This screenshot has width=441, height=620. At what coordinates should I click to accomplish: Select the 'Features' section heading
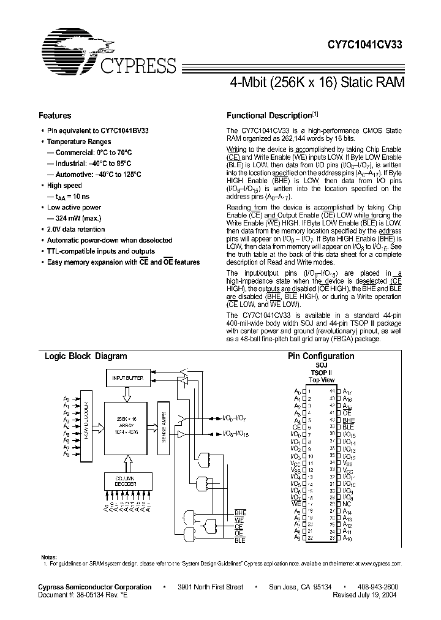[x=55, y=115]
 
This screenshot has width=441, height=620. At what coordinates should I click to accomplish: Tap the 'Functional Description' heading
[x=269, y=115]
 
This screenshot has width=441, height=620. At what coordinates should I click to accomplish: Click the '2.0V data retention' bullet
[x=76, y=229]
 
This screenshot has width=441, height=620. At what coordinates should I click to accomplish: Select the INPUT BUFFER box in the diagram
[x=127, y=378]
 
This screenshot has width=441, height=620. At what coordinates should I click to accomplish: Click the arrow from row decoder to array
[x=100, y=423]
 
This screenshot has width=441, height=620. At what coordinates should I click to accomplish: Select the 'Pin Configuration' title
[x=321, y=356]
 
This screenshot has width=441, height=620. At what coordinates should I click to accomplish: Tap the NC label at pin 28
[x=346, y=503]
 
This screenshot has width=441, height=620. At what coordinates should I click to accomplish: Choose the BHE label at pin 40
[x=348, y=420]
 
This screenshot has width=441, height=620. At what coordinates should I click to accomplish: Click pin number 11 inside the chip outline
[x=311, y=464]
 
